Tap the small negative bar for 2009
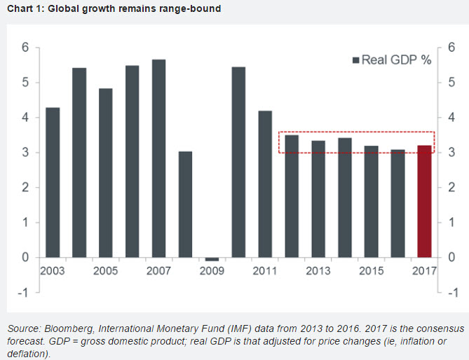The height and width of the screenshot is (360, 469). pyautogui.click(x=212, y=259)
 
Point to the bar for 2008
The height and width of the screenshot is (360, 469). pyautogui.click(x=185, y=204)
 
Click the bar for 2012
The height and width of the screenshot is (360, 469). pyautogui.click(x=291, y=195)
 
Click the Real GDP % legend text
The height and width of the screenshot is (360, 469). pyautogui.click(x=397, y=60)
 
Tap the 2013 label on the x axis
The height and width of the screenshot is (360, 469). pyautogui.click(x=318, y=271)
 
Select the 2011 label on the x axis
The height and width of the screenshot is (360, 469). pyautogui.click(x=264, y=271)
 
